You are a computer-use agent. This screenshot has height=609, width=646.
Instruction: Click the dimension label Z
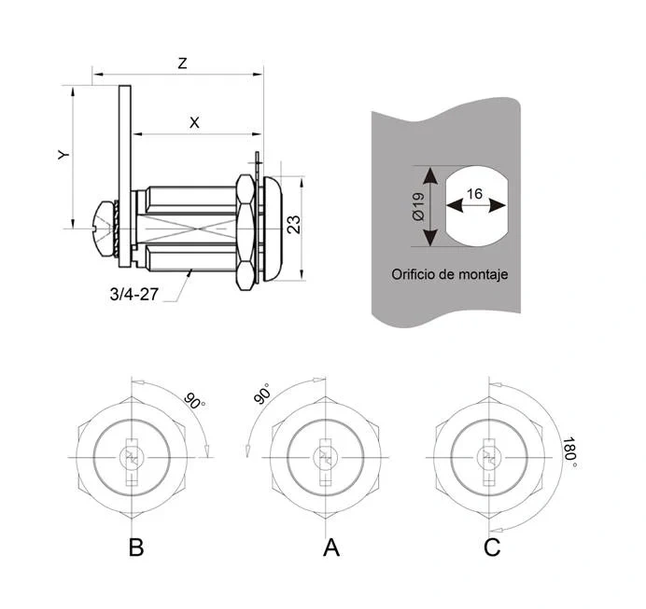pyautogui.click(x=183, y=63)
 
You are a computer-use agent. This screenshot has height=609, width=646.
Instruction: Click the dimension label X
pyautogui.click(x=194, y=121)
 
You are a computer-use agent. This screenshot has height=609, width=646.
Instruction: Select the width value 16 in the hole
pyautogui.click(x=474, y=194)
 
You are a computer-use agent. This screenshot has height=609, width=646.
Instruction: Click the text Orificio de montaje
pyautogui.click(x=449, y=276)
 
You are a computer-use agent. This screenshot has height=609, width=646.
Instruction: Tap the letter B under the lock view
pyautogui.click(x=135, y=548)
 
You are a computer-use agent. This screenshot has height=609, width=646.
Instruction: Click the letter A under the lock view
pyautogui.click(x=330, y=548)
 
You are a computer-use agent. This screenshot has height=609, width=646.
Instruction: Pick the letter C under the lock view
pyautogui.click(x=492, y=548)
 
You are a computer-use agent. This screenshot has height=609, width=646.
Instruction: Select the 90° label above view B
pyautogui.click(x=194, y=401)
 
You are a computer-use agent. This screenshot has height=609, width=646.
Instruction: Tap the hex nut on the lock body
pyautogui.click(x=246, y=227)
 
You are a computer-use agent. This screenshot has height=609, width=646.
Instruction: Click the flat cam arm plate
pyautogui.click(x=123, y=168)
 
